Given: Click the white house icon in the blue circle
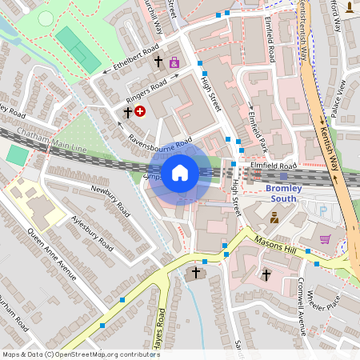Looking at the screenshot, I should [180, 173].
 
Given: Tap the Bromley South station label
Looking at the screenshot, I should [283, 193].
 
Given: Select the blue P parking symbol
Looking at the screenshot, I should [323, 210].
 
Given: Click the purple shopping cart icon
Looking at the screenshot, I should [325, 238].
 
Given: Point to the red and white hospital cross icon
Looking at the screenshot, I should [141, 112].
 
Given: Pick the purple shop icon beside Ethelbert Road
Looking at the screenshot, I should [174, 62].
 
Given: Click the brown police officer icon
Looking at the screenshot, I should [274, 217].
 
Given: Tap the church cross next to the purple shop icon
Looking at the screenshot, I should [158, 61].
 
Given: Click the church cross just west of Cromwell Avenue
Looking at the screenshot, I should [266, 275].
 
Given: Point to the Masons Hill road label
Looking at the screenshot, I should [275, 245].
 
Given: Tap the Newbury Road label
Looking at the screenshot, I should [110, 203].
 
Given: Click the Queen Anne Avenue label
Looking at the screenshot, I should [52, 254].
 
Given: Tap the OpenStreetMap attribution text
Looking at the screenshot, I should [70, 354].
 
